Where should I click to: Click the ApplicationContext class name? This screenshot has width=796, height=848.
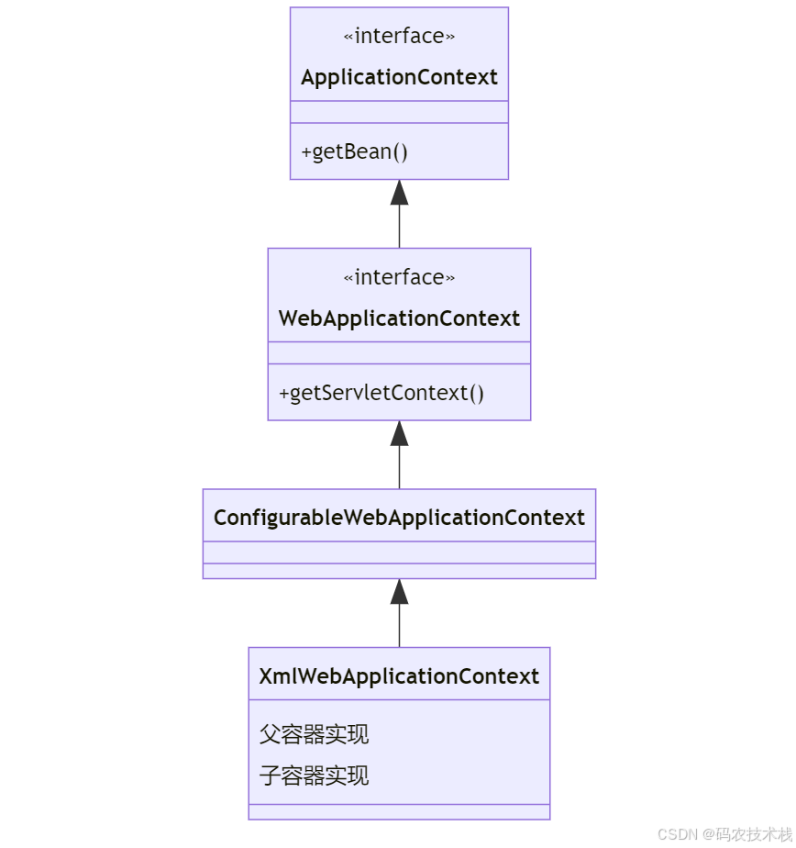click(399, 77)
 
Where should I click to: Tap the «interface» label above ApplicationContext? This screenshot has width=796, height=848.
click(399, 37)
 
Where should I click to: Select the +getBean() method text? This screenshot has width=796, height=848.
click(354, 151)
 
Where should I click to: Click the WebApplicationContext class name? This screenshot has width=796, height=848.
click(399, 318)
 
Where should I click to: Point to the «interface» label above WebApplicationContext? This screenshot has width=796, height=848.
click(399, 277)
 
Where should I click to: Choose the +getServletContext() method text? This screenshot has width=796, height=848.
click(381, 393)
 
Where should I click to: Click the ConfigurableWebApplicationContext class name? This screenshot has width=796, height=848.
click(399, 518)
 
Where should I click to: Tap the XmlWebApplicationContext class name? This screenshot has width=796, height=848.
click(399, 676)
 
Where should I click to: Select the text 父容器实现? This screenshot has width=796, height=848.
click(314, 734)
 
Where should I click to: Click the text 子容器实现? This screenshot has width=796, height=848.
click(314, 775)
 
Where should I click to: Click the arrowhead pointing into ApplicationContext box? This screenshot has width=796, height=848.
click(399, 193)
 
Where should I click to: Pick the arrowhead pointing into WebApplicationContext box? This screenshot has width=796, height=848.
click(399, 434)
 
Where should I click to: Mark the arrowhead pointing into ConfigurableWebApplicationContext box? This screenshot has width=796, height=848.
click(399, 592)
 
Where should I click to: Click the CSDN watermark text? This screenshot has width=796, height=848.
click(724, 833)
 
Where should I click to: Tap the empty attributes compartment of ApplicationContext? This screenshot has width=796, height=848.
click(399, 112)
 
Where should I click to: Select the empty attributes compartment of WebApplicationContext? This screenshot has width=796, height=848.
click(399, 353)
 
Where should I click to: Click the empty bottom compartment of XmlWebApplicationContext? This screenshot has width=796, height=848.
click(399, 811)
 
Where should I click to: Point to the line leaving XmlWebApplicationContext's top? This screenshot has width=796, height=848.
click(399, 628)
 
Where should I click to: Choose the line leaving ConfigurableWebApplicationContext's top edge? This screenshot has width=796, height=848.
click(399, 469)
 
